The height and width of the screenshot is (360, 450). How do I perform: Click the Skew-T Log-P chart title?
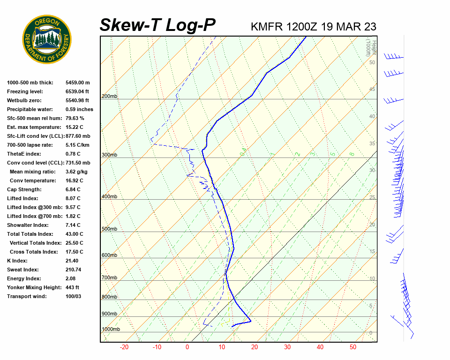[x=157, y=25]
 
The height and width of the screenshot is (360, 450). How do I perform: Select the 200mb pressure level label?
[x=109, y=97]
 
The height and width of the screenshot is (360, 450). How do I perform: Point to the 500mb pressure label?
[x=109, y=229]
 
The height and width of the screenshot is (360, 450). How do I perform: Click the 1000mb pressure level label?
[x=111, y=330]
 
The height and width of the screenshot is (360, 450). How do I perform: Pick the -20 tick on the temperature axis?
[x=124, y=347]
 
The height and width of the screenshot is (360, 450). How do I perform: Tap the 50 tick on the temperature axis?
[x=353, y=347]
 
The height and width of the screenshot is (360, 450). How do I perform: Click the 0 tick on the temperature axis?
[x=187, y=347]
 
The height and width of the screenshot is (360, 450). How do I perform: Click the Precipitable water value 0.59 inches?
[x=79, y=109]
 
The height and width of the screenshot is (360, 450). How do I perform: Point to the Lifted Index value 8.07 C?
[x=73, y=198]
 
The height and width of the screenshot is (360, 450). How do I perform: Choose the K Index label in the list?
[x=17, y=261]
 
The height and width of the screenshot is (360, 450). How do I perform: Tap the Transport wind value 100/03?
[x=74, y=296]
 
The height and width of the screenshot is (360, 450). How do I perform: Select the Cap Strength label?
[x=24, y=189]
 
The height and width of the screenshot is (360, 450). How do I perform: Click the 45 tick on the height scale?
[x=372, y=90]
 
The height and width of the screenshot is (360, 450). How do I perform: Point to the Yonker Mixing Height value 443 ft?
[x=72, y=287]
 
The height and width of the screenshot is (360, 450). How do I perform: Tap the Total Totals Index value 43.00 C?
[x=74, y=234]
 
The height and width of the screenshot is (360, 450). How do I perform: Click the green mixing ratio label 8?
[x=352, y=154]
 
